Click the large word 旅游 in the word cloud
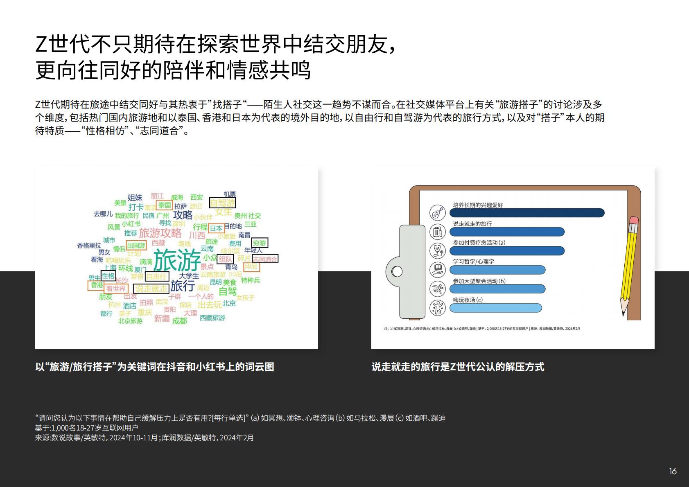[x=177, y=259]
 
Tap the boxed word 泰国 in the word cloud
[x=164, y=205]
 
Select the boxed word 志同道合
[x=265, y=259]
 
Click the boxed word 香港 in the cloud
[x=97, y=285]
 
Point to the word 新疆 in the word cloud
[x=162, y=318]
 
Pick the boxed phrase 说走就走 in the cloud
[x=151, y=289]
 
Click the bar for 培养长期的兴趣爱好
[x=527, y=213]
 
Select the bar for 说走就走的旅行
[x=507, y=232]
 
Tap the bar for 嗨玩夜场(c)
[x=495, y=308]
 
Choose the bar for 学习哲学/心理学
[x=497, y=270]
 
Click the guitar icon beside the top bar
[x=437, y=213]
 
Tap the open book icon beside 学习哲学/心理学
[x=437, y=270]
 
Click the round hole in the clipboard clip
[x=397, y=271]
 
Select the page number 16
[x=673, y=471]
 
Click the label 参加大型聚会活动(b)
[x=479, y=281]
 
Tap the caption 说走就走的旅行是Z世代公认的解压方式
[x=458, y=367]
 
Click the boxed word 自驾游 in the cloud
[x=222, y=203]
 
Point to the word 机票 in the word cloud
[x=230, y=194]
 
